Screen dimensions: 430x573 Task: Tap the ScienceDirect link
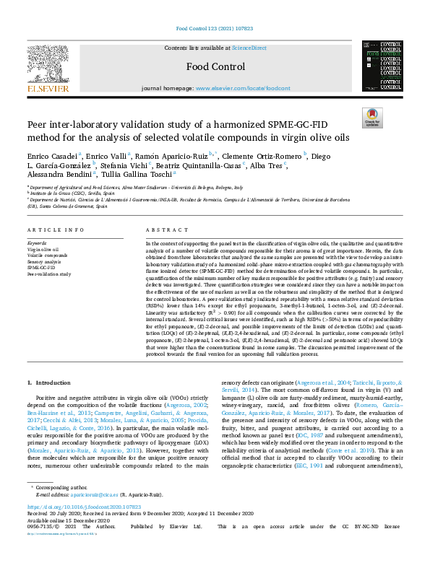pos(249,48)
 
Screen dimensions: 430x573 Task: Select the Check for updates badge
pos(371,117)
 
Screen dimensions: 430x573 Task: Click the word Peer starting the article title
pos(38,123)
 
